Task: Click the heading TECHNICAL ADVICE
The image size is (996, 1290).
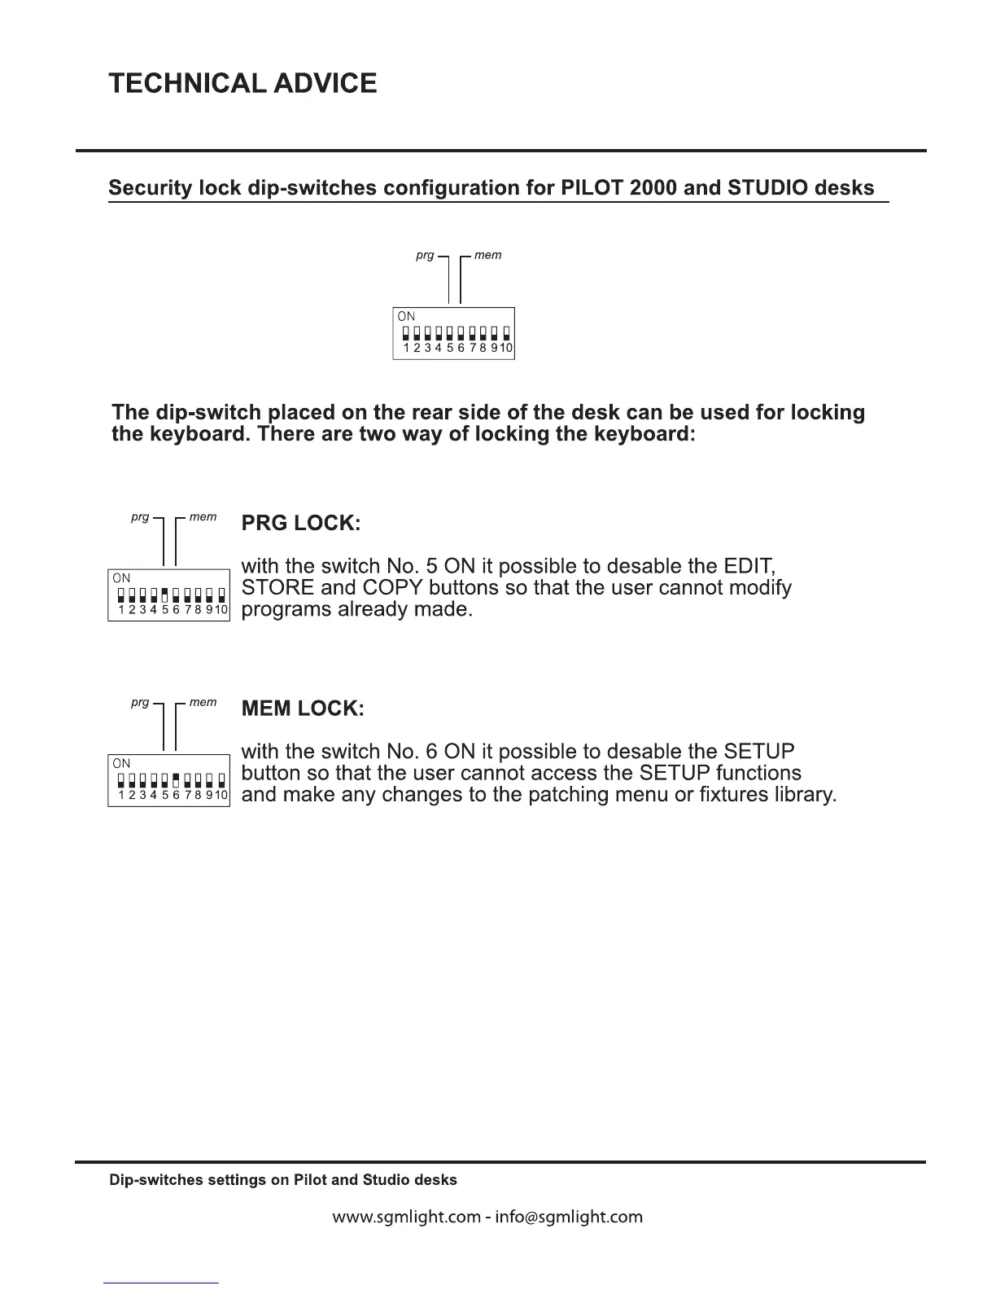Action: (x=242, y=83)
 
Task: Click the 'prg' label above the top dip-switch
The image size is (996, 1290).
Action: (x=425, y=255)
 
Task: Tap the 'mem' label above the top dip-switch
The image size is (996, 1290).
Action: (x=487, y=255)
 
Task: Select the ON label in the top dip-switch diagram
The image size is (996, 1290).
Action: (x=406, y=316)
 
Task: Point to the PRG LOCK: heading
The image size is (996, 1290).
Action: (x=301, y=524)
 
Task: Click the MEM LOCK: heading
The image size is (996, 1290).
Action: (x=303, y=709)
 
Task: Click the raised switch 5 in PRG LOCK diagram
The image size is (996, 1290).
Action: (x=165, y=592)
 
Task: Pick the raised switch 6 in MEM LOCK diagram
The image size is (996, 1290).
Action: (x=176, y=778)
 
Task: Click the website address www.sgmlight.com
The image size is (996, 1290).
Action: (x=406, y=1218)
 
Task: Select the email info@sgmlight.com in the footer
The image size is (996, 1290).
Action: (x=569, y=1218)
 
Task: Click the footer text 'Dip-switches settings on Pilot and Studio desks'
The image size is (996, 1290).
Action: (x=283, y=1180)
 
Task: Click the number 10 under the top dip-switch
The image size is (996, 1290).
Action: (x=506, y=349)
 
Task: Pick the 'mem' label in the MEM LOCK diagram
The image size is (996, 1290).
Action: (x=203, y=702)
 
